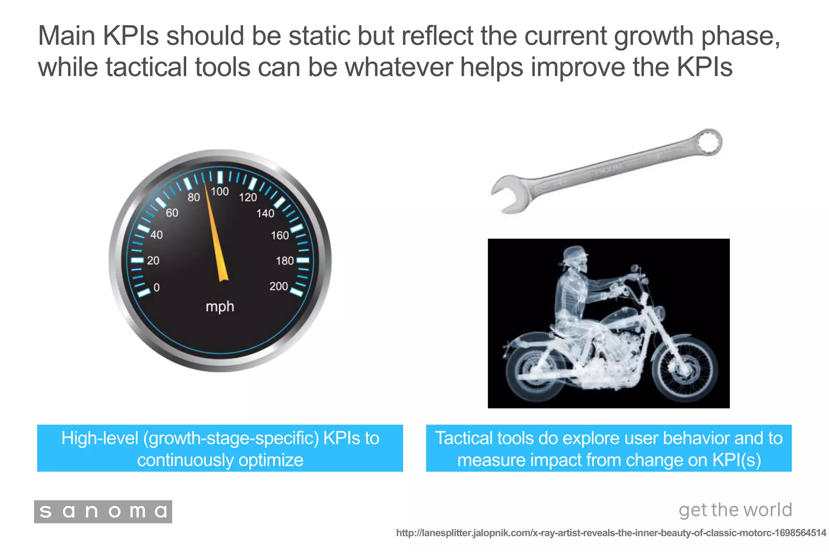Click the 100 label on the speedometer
(x=220, y=191)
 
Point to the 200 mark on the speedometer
(x=278, y=286)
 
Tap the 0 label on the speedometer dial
(x=157, y=288)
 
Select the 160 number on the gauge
(x=280, y=235)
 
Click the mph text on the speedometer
(x=220, y=307)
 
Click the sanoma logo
(x=103, y=512)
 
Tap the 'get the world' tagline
(x=735, y=510)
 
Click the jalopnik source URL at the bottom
(x=611, y=533)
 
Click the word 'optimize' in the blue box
(x=271, y=460)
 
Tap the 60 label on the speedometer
(x=172, y=213)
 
